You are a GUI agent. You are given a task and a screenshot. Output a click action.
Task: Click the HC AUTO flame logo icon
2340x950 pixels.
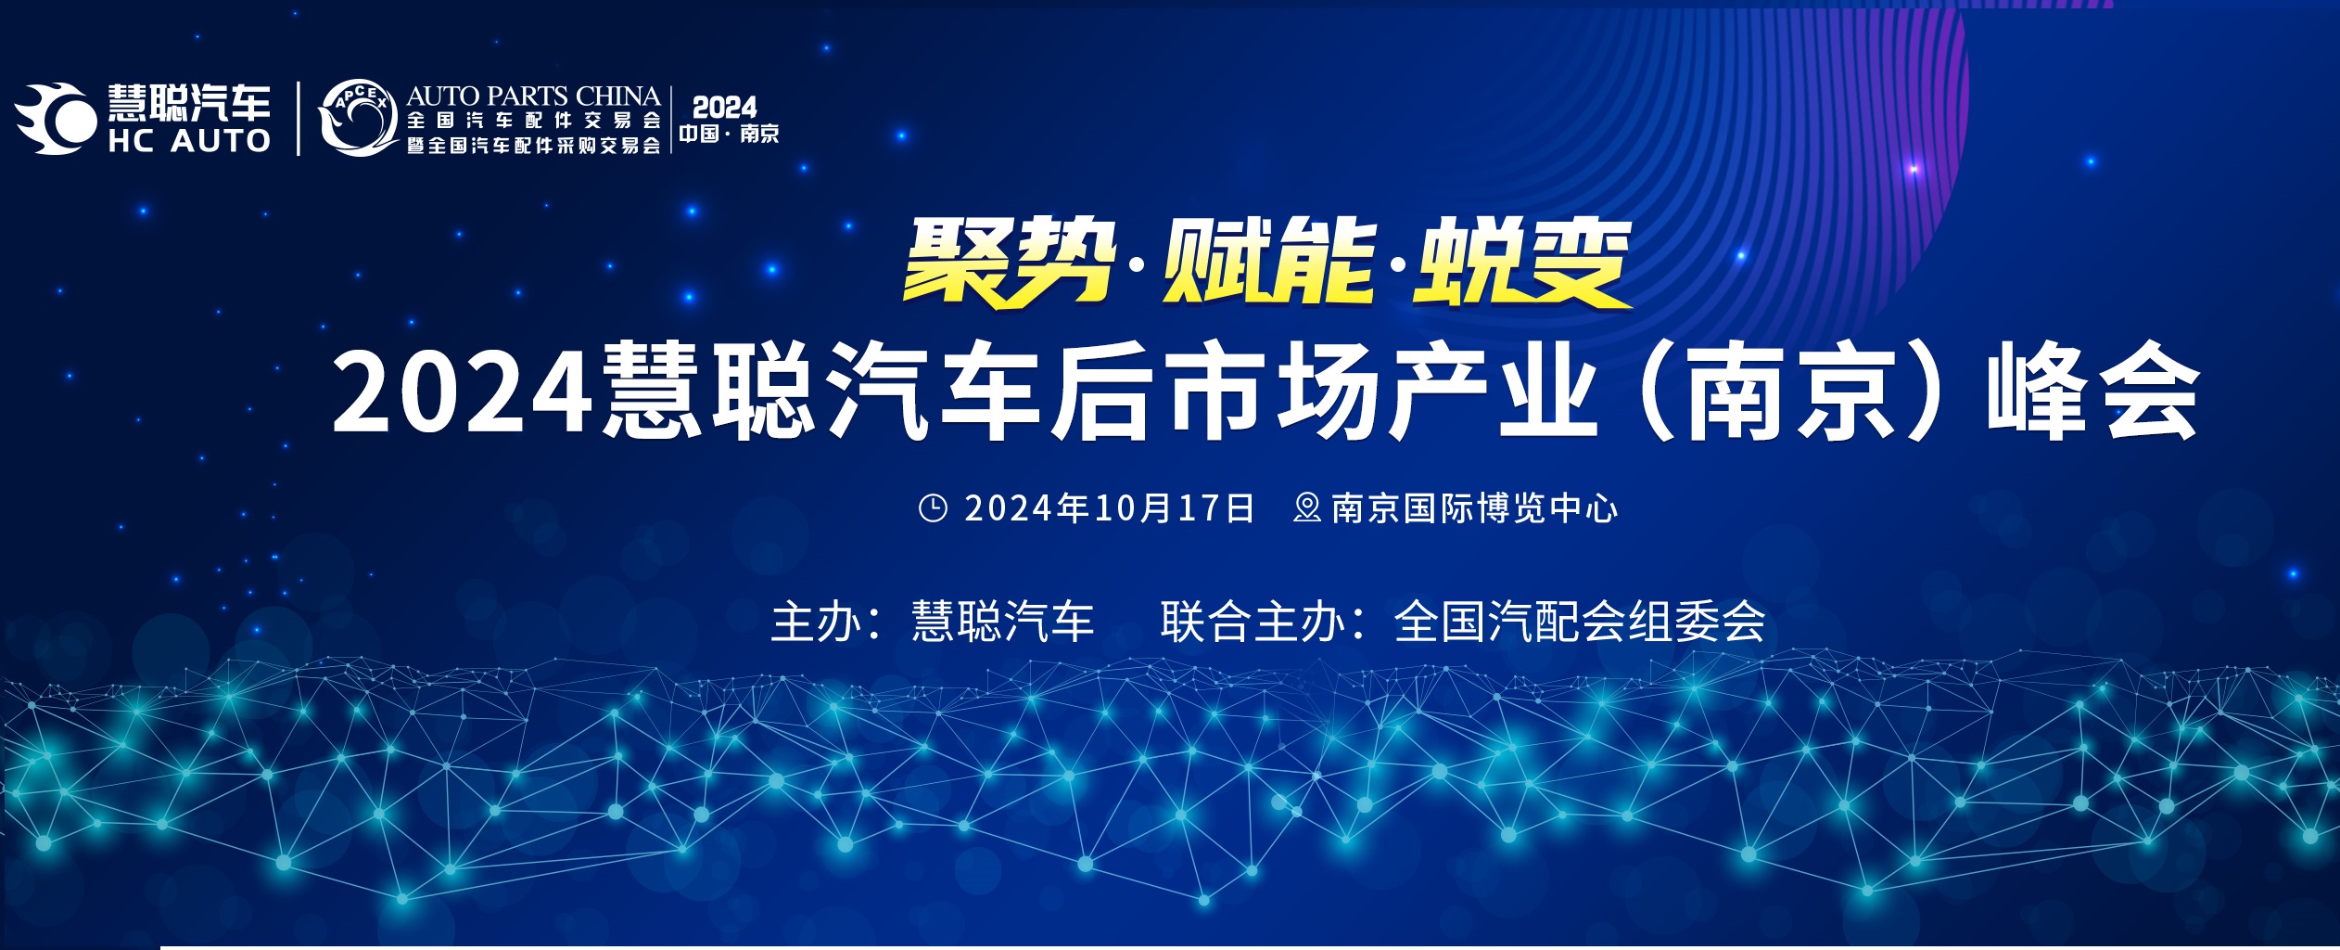coord(56,118)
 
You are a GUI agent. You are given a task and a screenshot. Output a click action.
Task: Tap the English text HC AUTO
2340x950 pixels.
coord(189,141)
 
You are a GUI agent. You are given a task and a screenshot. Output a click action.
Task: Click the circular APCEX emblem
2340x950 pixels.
coord(358,118)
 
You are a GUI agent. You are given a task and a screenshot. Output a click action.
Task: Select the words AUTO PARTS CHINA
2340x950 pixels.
coord(533,96)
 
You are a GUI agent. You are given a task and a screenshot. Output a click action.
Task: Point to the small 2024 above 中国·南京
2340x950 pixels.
coord(725,107)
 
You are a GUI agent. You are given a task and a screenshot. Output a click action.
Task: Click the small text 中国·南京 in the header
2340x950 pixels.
coord(729,134)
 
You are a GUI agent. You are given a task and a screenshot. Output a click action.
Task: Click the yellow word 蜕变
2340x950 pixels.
coord(1521,262)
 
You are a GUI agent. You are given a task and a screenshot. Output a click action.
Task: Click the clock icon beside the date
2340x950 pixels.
coord(933,507)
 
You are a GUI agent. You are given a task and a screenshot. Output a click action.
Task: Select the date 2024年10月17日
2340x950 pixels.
coord(1110,508)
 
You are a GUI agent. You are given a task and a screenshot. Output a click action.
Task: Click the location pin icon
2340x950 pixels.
coord(1307,507)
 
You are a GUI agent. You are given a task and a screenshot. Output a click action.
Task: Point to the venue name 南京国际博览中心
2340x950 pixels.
coord(1475,508)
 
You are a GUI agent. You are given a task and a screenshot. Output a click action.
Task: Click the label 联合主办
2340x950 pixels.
coord(1253,622)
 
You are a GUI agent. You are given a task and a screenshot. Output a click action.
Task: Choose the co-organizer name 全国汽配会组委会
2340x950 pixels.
coord(1580,622)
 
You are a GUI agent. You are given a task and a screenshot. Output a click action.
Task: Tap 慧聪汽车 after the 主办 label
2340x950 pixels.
coord(1003,622)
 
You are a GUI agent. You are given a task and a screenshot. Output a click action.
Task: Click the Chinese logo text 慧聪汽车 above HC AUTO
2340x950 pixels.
coord(189,102)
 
